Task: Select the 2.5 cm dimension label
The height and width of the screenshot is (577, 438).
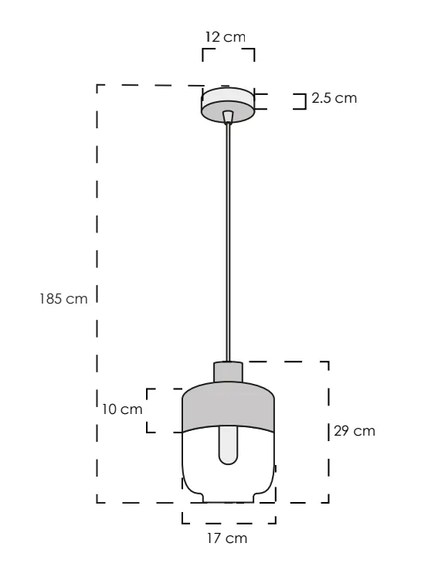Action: tap(334, 99)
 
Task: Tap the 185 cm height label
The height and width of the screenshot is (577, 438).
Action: tap(63, 299)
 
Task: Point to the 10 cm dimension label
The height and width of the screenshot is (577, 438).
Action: tap(122, 409)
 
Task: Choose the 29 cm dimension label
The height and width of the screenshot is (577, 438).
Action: tap(354, 431)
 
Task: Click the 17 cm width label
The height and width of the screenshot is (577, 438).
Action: tap(227, 538)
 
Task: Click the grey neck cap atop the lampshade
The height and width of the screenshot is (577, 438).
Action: tap(228, 372)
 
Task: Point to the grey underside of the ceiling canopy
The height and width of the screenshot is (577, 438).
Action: tap(228, 113)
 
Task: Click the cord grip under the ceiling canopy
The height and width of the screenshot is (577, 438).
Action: tap(227, 117)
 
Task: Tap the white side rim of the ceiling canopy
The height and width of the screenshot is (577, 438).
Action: tap(228, 96)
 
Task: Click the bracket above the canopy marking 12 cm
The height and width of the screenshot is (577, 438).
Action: tap(228, 50)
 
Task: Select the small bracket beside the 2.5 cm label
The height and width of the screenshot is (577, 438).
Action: tap(301, 101)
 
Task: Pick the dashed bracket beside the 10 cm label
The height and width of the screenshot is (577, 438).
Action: tap(151, 410)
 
